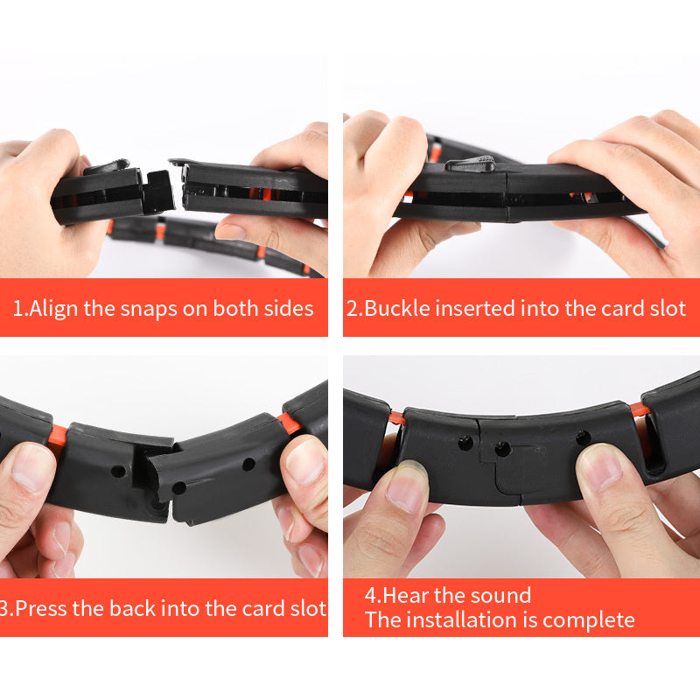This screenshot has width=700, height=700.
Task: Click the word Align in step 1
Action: (x=53, y=308)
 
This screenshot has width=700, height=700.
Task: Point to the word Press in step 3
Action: (x=43, y=607)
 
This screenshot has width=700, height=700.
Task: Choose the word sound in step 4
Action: (x=497, y=596)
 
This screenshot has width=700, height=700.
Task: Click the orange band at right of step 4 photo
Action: (x=641, y=410)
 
